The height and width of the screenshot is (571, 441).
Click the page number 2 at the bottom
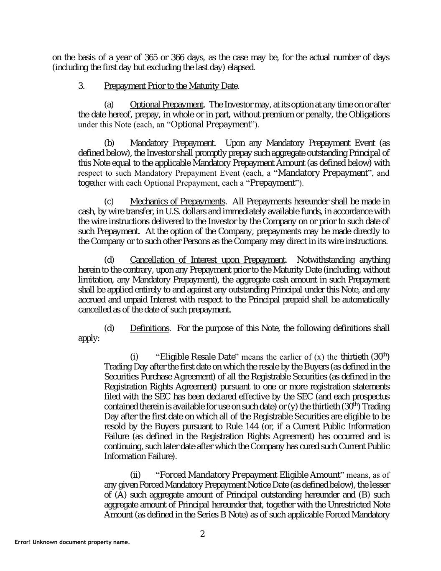pyautogui.click(x=202, y=534)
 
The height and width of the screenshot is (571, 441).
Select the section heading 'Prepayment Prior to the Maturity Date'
pyautogui.click(x=171, y=86)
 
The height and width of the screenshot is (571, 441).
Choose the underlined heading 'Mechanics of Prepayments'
pyautogui.click(x=178, y=202)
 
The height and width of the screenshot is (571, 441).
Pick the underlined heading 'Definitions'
pyautogui.click(x=149, y=328)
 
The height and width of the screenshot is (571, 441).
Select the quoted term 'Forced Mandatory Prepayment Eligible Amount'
pyautogui.click(x=250, y=475)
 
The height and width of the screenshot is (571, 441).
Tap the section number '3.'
pyautogui.click(x=82, y=86)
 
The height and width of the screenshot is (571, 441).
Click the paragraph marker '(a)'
pyautogui.click(x=109, y=104)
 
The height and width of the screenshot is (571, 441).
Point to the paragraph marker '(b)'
pyautogui.click(x=109, y=143)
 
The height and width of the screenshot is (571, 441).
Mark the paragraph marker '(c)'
pyautogui.click(x=109, y=202)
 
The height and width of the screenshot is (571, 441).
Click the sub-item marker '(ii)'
pyautogui.click(x=135, y=475)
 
